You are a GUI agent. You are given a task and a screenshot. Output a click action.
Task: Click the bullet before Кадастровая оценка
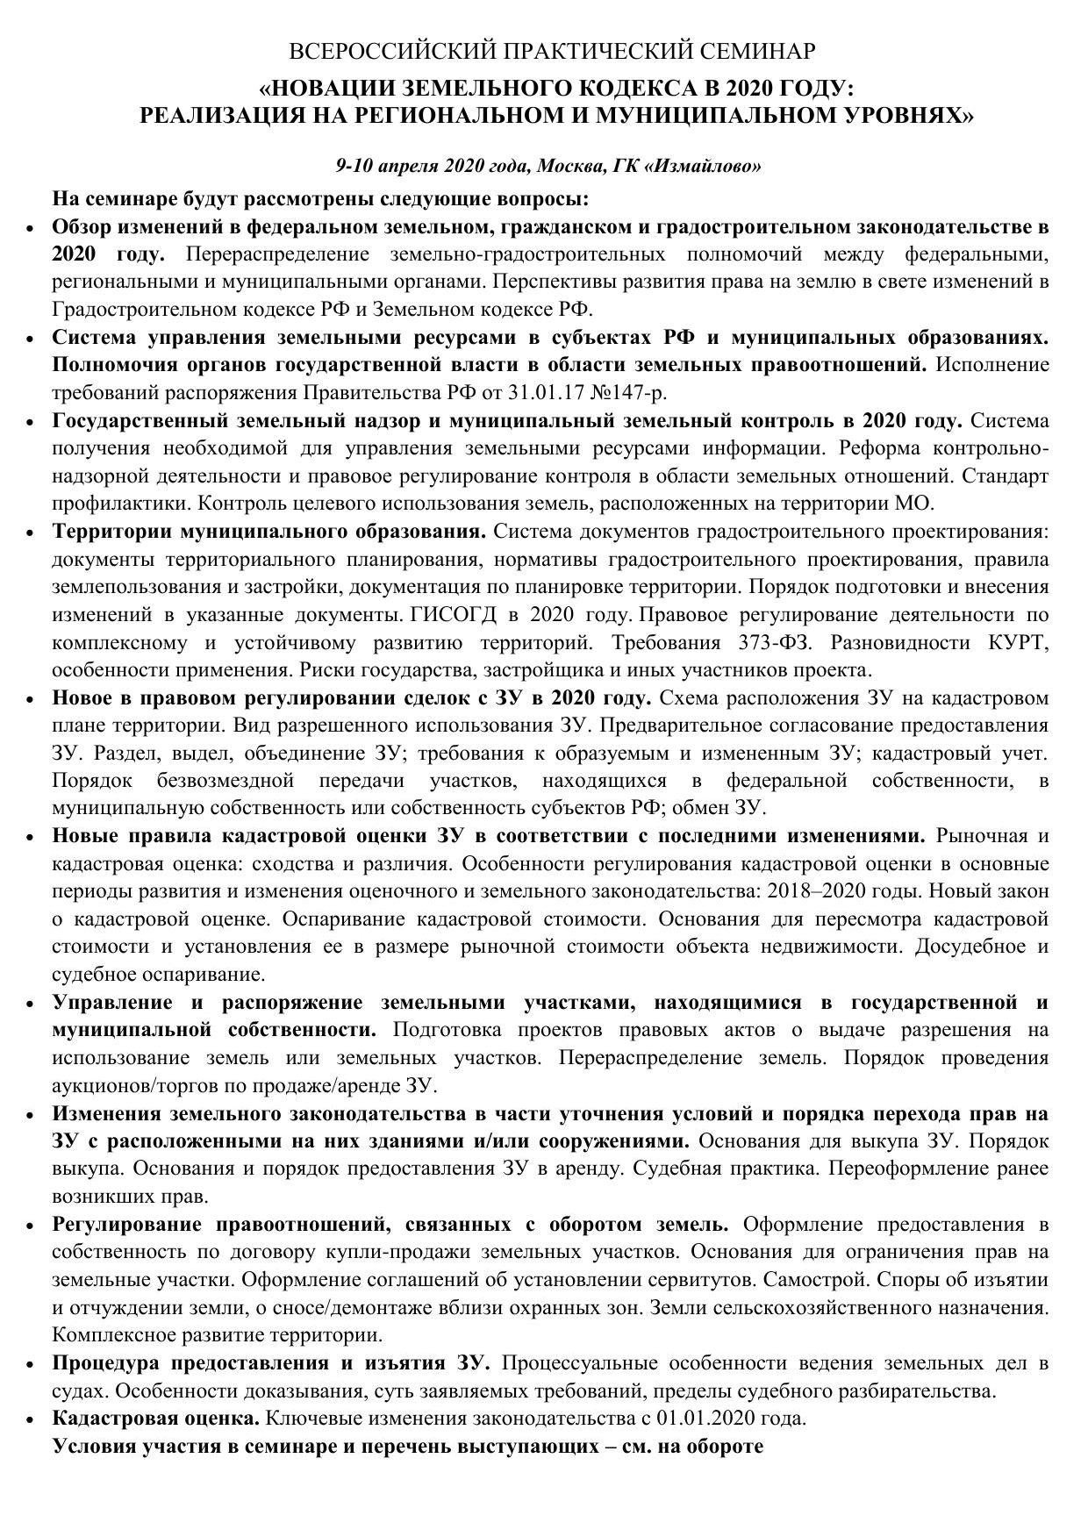pos(30,1419)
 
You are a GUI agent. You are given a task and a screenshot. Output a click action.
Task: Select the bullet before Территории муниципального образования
pos(30,533)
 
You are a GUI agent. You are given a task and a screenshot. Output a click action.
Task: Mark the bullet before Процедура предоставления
pos(30,1363)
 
